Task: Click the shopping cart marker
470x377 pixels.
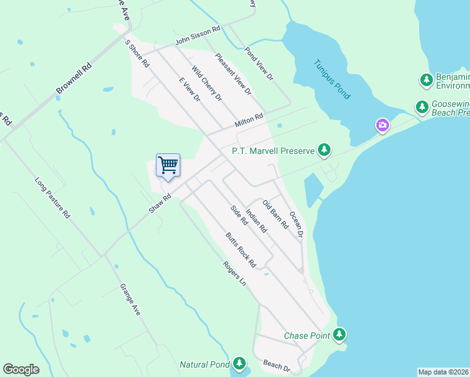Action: pos(168,166)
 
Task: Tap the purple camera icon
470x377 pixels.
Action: pos(382,126)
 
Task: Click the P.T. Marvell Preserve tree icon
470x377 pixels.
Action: pos(324,150)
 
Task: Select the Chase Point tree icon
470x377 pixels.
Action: pos(340,334)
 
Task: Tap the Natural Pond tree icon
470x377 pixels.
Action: pos(239,363)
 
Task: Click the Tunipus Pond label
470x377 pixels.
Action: pos(332,79)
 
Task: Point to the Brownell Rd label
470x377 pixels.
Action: pos(74,79)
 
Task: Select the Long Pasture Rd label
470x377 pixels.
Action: pos(52,197)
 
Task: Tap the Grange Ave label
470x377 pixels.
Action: pos(130,298)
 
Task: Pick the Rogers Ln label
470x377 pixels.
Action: pos(234,272)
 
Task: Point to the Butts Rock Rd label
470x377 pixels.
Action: pos(241,250)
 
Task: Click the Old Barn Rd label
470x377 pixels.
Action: pos(275,214)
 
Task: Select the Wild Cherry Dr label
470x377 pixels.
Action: pos(207,84)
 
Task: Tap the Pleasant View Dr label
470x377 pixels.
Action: pos(233,74)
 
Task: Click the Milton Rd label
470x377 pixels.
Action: pos(248,120)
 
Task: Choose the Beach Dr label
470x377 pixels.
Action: pos(276,366)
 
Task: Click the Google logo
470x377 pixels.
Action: pos(21,369)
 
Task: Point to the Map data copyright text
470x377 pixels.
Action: pos(444,372)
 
